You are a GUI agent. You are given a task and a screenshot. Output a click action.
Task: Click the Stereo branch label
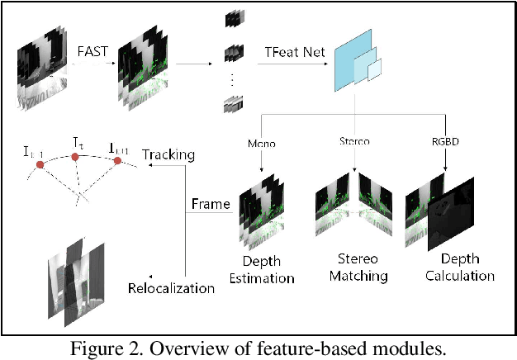coord(355,143)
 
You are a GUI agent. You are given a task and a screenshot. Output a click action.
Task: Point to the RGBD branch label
coord(446,143)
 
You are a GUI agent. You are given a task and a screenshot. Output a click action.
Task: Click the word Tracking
coord(168,154)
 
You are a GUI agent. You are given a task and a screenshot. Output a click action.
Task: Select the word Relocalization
coord(172,288)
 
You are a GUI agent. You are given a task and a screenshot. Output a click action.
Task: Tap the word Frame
coord(211,203)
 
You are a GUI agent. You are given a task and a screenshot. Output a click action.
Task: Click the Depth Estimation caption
coord(266,269)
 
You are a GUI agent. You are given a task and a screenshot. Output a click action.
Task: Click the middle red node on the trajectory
coord(76,156)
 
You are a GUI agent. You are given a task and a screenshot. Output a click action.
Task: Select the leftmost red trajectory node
coord(39,165)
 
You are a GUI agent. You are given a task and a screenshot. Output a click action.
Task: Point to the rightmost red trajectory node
coord(117,160)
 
